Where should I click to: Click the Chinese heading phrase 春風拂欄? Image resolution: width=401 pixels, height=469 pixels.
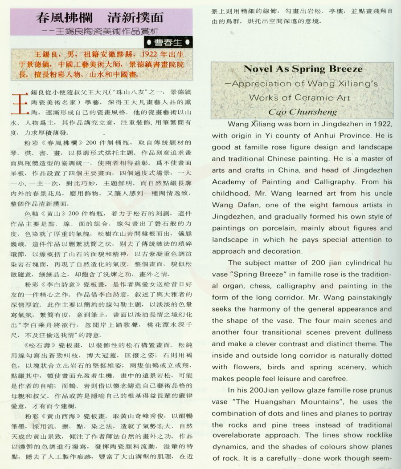point(62,18)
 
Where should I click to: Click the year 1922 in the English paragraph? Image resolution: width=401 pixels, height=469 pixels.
point(381,124)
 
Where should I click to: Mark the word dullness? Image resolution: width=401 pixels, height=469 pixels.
point(377,332)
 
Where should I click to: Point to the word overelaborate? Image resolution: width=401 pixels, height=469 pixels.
point(238,436)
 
